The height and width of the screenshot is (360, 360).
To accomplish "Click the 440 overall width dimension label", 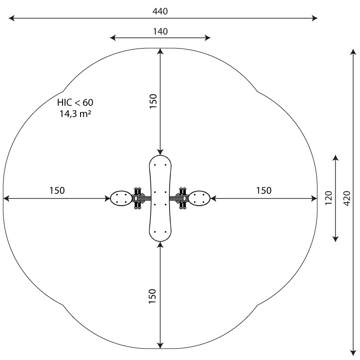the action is [x=160, y=11].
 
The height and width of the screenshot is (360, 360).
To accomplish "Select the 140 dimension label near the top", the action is [x=160, y=31].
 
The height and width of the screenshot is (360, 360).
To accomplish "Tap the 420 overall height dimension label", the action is [x=347, y=198].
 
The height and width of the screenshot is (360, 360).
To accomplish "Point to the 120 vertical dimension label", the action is [x=329, y=198].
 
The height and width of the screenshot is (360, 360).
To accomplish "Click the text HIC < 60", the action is [x=75, y=103].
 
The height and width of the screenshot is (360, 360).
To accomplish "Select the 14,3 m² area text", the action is [x=75, y=114].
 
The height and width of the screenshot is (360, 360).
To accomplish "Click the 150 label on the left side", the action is [x=57, y=190].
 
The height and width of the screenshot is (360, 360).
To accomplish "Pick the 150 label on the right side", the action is [x=264, y=190].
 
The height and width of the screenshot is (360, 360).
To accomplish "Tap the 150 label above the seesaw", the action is [x=153, y=101].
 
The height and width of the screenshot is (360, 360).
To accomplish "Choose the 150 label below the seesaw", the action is [x=153, y=297].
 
